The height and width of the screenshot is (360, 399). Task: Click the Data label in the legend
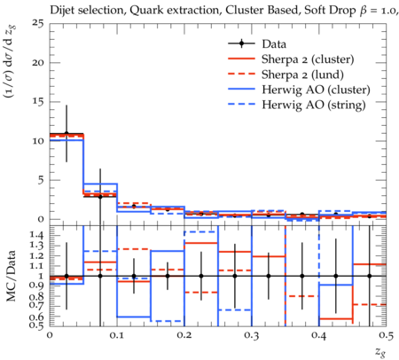tap(274, 44)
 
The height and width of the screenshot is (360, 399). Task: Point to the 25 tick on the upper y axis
tap(37, 23)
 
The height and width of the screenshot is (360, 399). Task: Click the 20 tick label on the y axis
tap(37, 62)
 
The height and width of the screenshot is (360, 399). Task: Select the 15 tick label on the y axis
tap(38, 102)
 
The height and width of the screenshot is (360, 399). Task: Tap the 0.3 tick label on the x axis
tap(252, 335)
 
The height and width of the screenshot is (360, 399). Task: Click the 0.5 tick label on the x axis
tap(387, 335)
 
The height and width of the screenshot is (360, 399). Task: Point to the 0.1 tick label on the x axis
tap(117, 335)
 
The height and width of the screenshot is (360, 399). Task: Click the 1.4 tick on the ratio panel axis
tap(36, 235)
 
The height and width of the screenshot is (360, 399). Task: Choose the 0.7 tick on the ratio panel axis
tap(36, 304)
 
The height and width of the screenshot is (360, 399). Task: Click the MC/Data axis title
tap(11, 276)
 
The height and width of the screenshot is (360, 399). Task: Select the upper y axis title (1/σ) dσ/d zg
tap(11, 62)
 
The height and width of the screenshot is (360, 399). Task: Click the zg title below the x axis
tap(380, 352)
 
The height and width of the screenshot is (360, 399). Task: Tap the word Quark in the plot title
tap(142, 11)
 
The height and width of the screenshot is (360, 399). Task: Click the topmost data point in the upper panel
tap(66, 133)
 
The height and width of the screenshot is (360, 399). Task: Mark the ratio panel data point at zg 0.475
tap(370, 276)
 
